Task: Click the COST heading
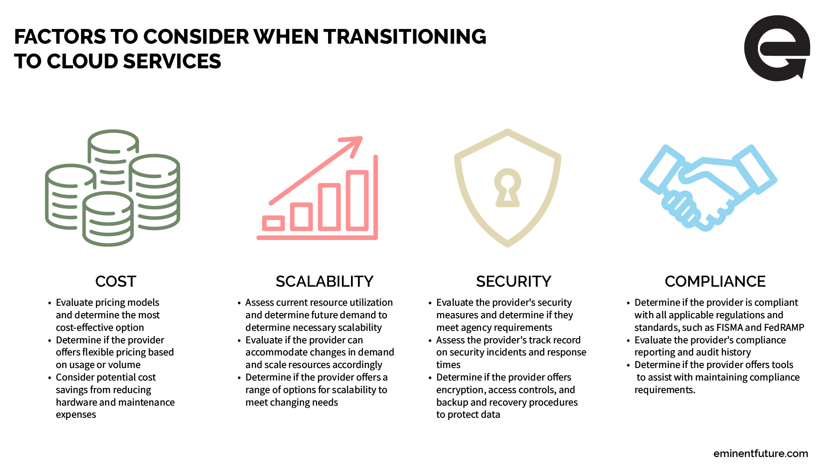[x=116, y=281]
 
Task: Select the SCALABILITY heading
[x=324, y=281]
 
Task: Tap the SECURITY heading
[x=513, y=281]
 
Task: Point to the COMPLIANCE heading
[x=715, y=281]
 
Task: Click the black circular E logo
[x=776, y=48]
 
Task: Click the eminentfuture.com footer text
[x=760, y=454]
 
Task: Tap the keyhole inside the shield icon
[x=507, y=188]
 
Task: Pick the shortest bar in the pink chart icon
[x=274, y=223]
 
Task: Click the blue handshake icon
[x=709, y=188]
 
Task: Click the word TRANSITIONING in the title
[x=405, y=37]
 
